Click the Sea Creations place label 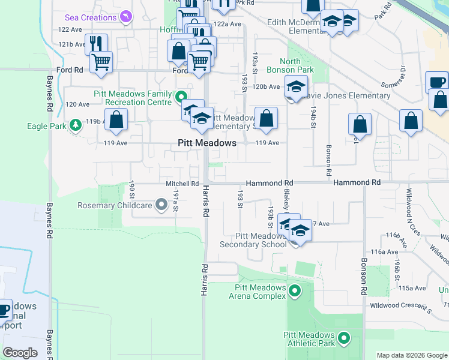point(90,17)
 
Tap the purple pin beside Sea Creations point(125,17)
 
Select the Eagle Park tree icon point(76,125)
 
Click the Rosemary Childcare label point(115,206)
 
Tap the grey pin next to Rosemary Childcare point(161,206)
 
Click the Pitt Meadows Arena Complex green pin point(294,292)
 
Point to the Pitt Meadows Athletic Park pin point(344,339)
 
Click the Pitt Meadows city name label point(207,143)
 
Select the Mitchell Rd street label point(182,184)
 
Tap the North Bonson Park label point(297,66)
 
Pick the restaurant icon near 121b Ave point(95,43)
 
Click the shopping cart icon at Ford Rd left point(101,61)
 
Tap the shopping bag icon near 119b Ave point(116,119)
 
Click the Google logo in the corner point(20,353)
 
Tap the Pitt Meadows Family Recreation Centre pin point(180,96)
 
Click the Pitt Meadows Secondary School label point(253,240)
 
